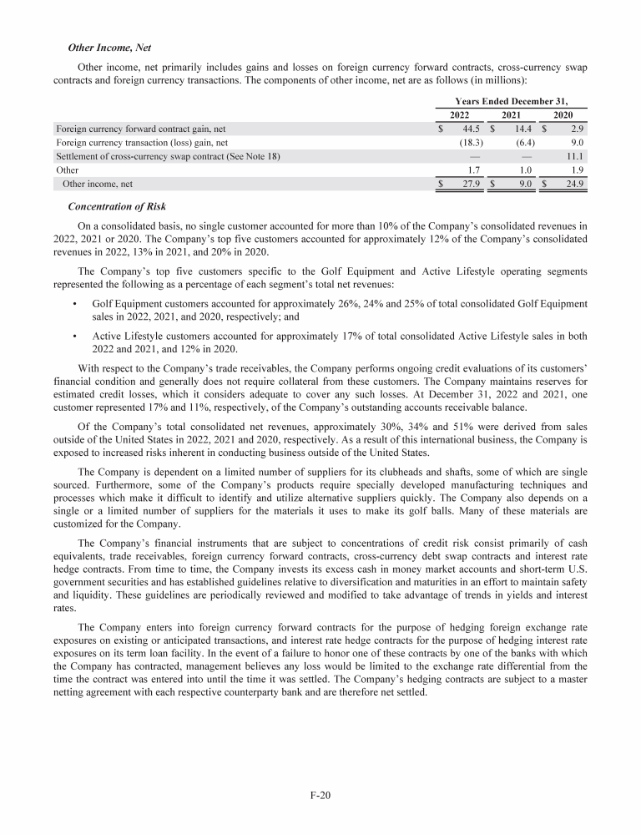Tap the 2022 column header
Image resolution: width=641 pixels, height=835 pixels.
459,115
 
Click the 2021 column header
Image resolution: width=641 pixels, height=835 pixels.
511,115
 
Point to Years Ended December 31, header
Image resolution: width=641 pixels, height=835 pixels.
514,100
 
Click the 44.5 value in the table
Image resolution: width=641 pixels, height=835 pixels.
468,129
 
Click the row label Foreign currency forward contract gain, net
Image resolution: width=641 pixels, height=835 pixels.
141,129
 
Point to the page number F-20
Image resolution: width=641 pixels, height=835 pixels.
320,795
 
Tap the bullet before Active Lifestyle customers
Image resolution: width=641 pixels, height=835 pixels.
76,337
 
